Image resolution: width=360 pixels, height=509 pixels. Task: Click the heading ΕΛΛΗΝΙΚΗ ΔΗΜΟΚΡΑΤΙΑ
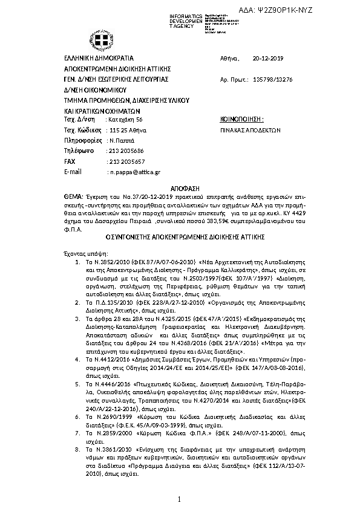(94, 58)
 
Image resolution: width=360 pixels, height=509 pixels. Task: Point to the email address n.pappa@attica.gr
(134, 172)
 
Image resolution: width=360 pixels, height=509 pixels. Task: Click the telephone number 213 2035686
(126, 151)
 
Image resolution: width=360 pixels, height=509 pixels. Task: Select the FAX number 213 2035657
(126, 162)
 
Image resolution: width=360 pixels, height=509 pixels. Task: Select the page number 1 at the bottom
(180, 499)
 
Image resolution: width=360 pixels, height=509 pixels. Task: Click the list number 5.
(77, 383)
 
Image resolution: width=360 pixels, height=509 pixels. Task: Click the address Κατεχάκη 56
(125, 120)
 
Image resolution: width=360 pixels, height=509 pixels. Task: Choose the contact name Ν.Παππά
(119, 140)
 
